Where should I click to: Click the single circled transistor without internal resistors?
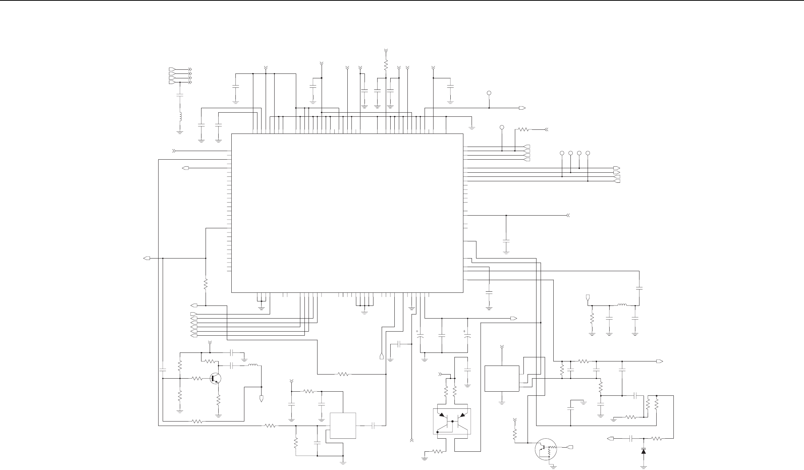coord(216,378)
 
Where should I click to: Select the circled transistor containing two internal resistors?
coord(545,451)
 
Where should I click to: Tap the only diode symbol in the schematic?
coord(644,451)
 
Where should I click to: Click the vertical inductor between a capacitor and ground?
coord(180,117)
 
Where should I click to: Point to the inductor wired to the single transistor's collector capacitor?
coord(253,366)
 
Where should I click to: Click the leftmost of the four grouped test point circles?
coord(562,153)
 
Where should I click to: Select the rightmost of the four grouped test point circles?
coord(588,153)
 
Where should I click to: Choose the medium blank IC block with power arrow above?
coord(502,378)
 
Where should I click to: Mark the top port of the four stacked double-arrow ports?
coord(172,69)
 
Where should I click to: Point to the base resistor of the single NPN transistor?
coord(197,378)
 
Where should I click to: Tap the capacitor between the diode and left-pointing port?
coord(632,439)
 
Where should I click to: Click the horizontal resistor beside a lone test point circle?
coord(523,129)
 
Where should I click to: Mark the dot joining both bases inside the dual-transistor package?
coord(452,422)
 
